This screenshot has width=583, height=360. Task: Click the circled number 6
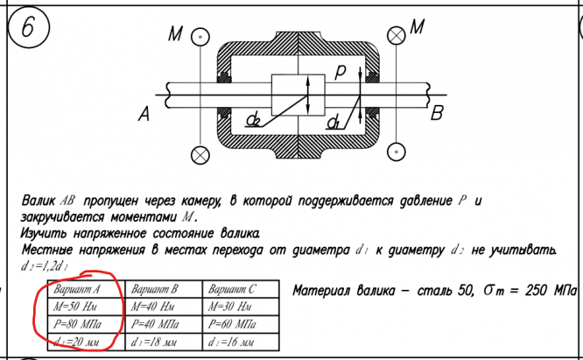(x=28, y=29)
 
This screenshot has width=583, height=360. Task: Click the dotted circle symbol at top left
(x=201, y=38)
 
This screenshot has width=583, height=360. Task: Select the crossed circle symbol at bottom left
(x=201, y=155)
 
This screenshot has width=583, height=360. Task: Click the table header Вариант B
(x=154, y=288)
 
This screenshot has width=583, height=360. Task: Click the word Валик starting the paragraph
(x=42, y=202)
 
